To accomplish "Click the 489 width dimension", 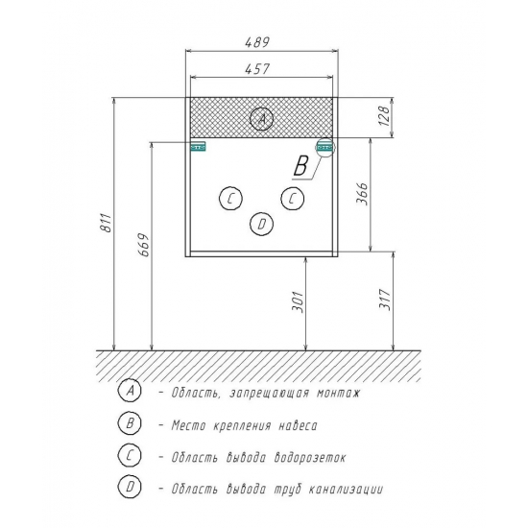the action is (257, 42).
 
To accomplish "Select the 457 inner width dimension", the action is (257, 69).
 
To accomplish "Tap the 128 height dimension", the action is (384, 116).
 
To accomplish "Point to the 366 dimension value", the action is (362, 194).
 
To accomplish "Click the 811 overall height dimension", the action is (106, 223).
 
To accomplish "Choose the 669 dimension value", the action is (144, 245).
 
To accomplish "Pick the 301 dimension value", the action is (298, 301).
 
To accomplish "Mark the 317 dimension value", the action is (384, 300).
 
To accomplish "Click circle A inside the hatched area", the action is (262, 118).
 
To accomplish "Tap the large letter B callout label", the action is (300, 166).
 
